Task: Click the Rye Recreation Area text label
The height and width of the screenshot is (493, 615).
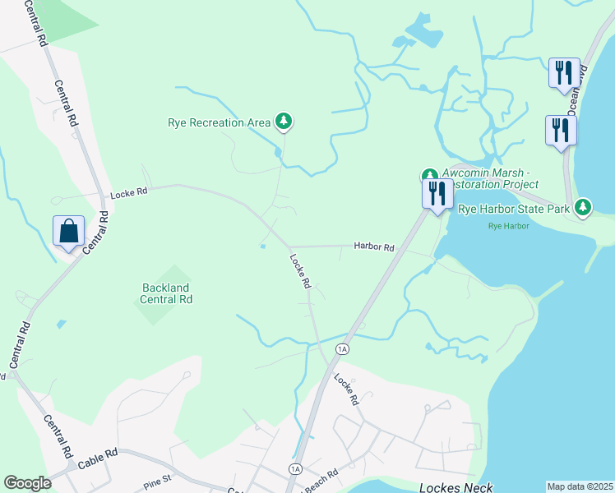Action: [219, 123]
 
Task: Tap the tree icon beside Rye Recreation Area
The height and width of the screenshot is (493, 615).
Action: [284, 122]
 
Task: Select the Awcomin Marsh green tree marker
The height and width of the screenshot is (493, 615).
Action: [429, 175]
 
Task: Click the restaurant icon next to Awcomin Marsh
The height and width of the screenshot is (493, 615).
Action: [437, 194]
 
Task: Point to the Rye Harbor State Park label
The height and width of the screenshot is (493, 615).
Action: [514, 210]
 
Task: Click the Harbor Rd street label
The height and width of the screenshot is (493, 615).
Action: [374, 246]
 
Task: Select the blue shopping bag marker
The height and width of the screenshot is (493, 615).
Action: [68, 232]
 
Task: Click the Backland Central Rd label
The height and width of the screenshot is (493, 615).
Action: [167, 293]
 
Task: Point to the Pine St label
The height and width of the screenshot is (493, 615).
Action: [155, 477]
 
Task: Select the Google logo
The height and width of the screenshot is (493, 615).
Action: [27, 483]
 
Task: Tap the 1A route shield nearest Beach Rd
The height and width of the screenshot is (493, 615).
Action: [296, 468]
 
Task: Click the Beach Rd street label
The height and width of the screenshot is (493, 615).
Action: [321, 477]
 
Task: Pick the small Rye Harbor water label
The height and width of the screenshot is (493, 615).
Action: [508, 226]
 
